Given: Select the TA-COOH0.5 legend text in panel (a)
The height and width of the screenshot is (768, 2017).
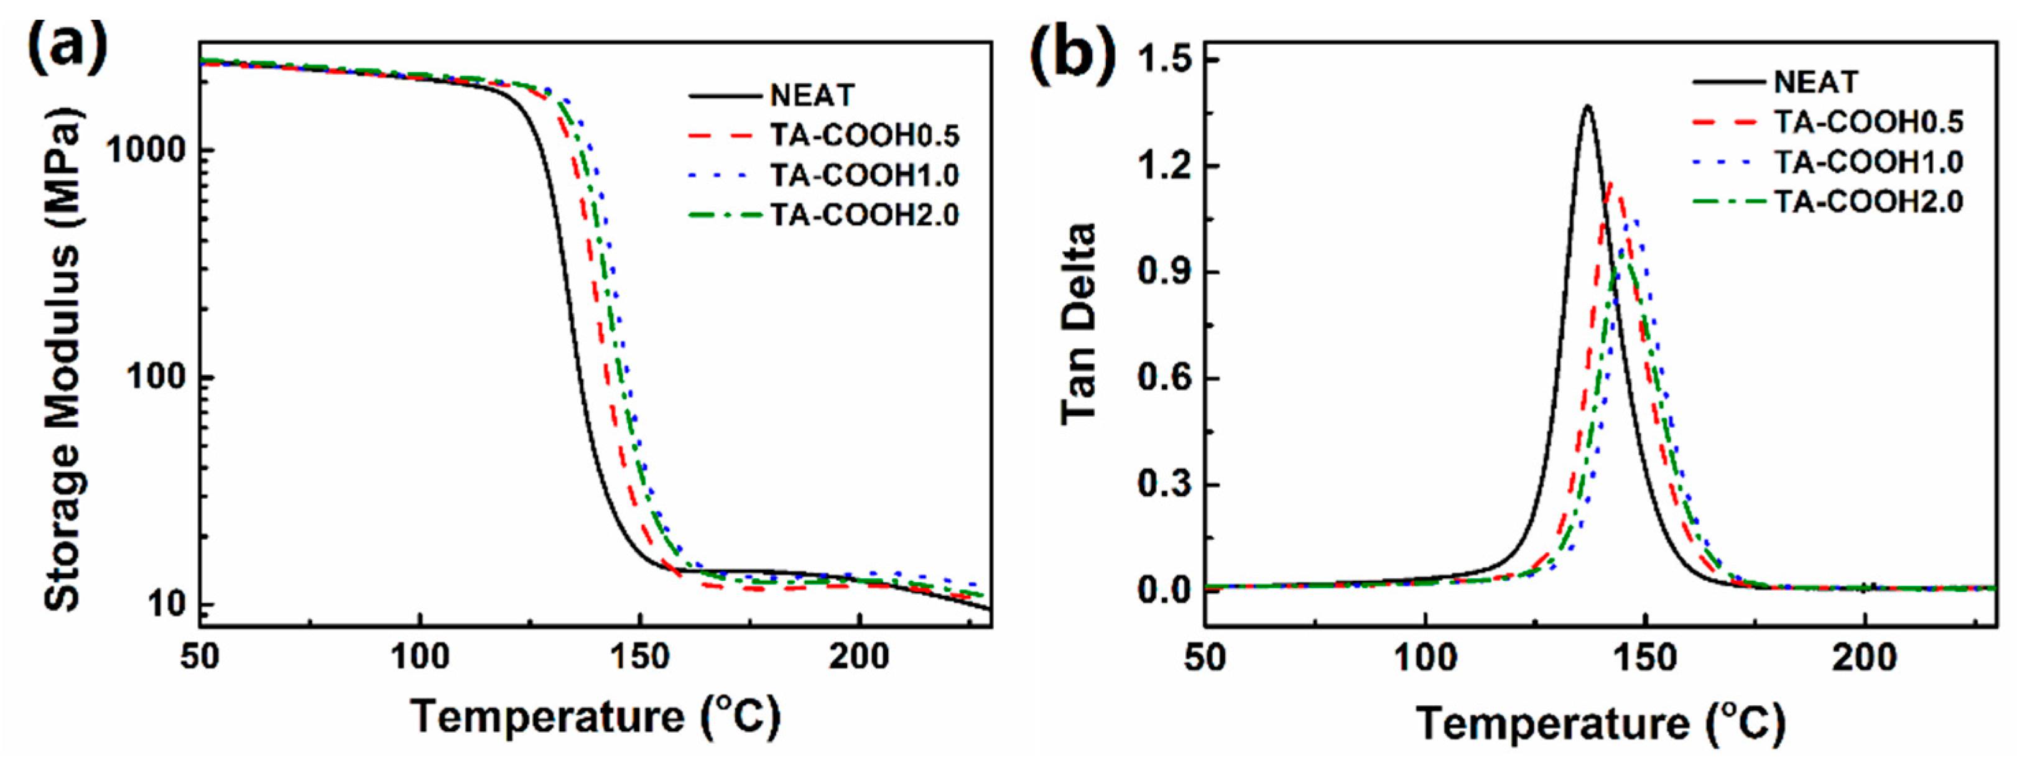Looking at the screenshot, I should point(865,136).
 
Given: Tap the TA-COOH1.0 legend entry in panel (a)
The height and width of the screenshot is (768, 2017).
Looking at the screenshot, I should point(865,175).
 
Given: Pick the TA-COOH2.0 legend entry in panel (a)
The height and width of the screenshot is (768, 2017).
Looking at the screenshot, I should point(865,215).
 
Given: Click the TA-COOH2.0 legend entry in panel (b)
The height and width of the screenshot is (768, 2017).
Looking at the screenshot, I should point(1868,202).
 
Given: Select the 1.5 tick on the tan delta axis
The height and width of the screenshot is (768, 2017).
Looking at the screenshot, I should point(1164,60).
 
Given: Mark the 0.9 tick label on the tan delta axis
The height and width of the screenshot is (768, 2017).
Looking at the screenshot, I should point(1164,272).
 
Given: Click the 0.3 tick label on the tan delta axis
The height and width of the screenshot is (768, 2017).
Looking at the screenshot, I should point(1164,484).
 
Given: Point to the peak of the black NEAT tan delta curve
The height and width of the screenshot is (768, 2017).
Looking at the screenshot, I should point(1588,106).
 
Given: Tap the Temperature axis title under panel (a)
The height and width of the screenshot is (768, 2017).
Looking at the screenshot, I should point(595,716).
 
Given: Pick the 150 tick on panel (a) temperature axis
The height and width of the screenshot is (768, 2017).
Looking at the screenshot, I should point(640,656).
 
